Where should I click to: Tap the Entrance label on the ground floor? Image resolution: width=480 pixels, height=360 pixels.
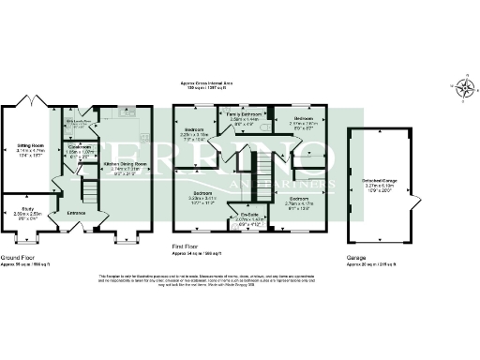tap(78, 213)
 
